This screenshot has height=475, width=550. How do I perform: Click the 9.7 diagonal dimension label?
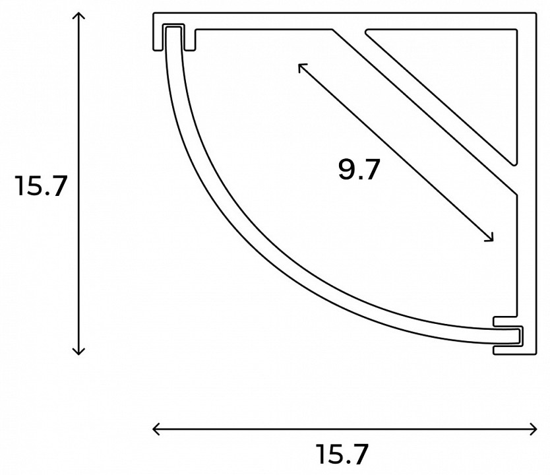359,170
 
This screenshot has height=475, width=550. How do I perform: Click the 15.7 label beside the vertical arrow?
42,187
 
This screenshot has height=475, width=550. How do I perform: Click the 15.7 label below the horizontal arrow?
342,455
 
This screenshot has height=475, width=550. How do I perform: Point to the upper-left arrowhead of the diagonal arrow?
301,65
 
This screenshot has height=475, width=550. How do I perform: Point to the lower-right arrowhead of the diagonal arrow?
491,239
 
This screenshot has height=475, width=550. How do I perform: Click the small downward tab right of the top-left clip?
190,40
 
